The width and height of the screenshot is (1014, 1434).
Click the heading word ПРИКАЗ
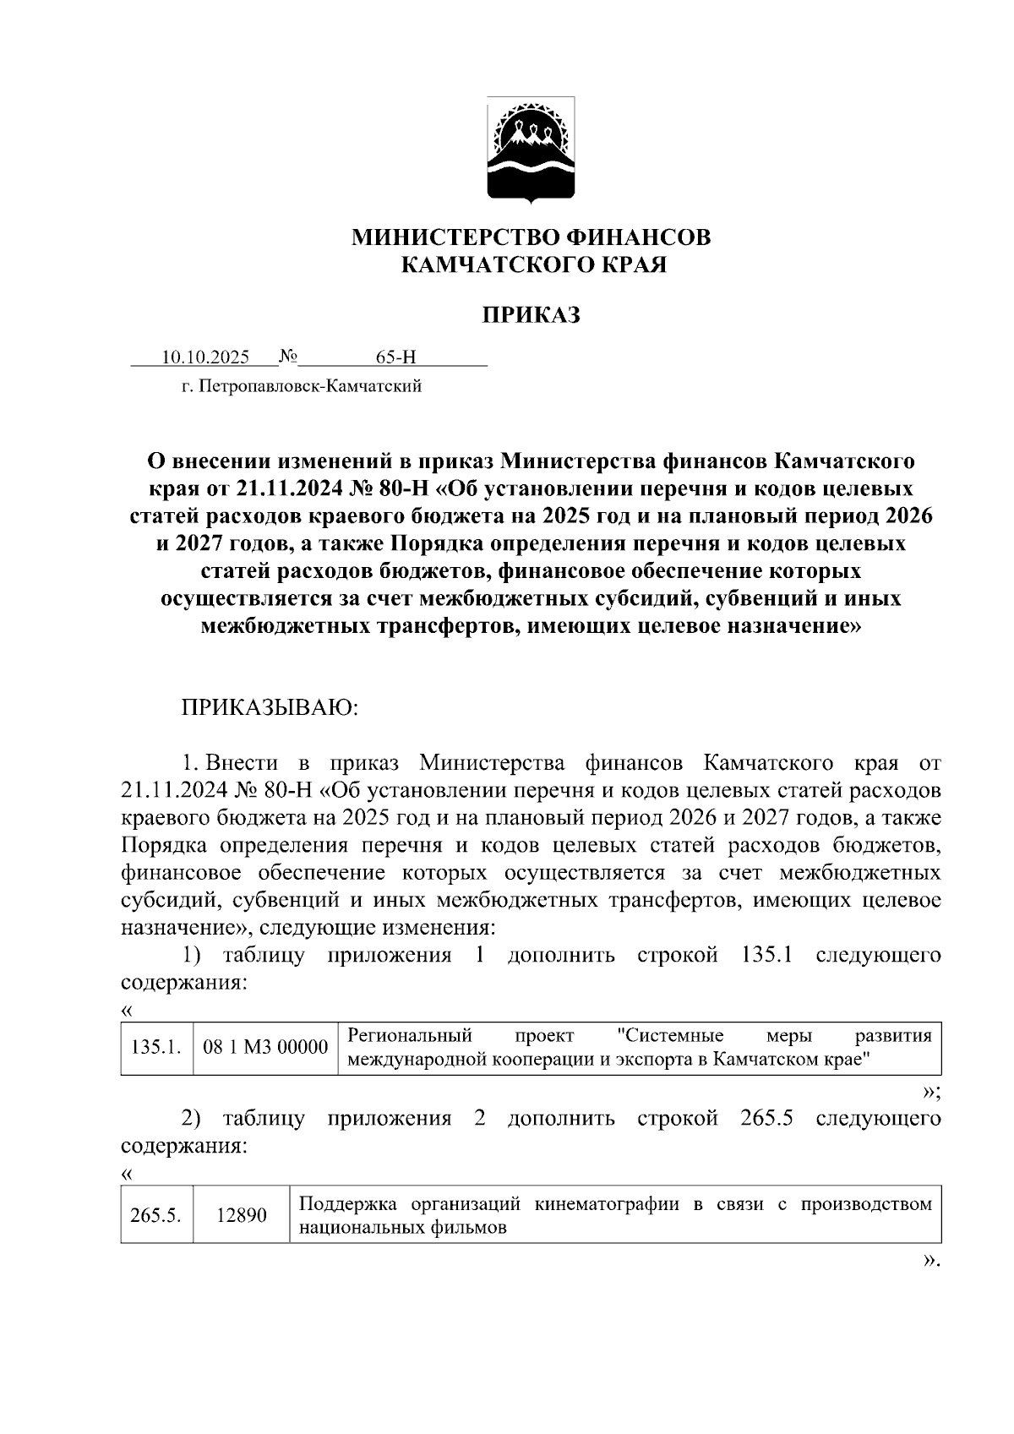(x=532, y=316)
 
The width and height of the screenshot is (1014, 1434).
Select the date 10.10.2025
(x=205, y=357)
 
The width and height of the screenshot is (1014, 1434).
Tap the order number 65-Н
(x=396, y=357)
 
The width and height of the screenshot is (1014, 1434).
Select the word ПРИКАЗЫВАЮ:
(x=270, y=707)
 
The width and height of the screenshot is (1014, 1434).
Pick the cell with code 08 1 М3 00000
(x=265, y=1048)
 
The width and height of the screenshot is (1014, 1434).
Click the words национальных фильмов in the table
(x=403, y=1229)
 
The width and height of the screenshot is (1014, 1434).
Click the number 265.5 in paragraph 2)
(x=766, y=1119)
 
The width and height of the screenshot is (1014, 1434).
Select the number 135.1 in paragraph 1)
(x=766, y=956)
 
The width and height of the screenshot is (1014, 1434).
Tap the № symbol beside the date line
(x=288, y=357)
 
